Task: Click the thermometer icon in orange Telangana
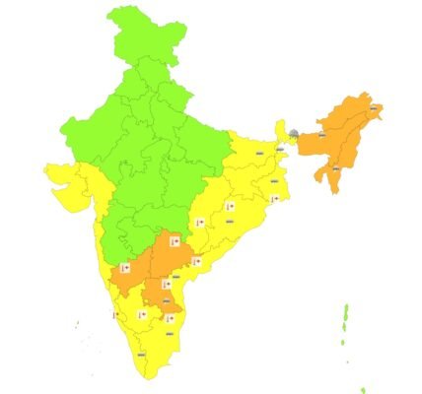[174, 239]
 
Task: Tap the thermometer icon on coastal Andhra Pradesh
[196, 261]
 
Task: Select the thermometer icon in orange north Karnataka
[124, 268]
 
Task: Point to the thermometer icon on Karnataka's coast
[114, 315]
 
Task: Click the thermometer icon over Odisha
[229, 207]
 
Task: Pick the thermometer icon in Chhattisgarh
[198, 223]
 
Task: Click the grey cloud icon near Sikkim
[293, 131]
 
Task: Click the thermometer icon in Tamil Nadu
[171, 318]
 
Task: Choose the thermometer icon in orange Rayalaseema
[165, 284]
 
